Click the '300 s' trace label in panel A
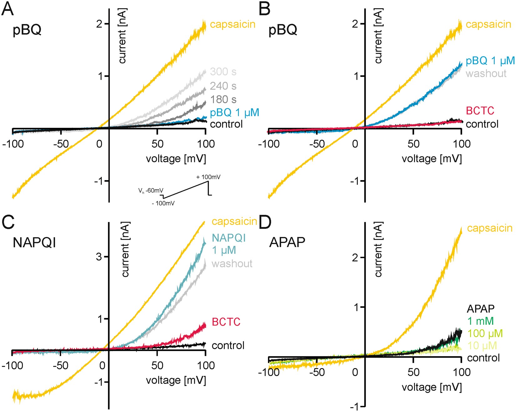pos(223,72)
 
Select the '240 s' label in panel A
pos(223,86)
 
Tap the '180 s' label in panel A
pos(223,100)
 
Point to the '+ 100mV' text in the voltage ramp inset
pos(208,177)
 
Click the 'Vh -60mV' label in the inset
pos(151,191)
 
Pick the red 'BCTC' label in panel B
pos(480,111)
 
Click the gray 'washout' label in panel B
pos(486,74)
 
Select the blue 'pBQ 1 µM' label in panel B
pos(490,61)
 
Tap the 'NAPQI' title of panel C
pos(34,242)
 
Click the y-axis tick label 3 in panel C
pos(99,257)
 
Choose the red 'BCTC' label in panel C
pos(226,322)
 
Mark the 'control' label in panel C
pos(228,345)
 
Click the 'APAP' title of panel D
pos(287,242)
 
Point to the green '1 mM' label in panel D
pos(480,321)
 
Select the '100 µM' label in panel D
pos(485,334)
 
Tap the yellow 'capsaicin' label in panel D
pos(490,228)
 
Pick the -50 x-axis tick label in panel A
pos(61,144)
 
